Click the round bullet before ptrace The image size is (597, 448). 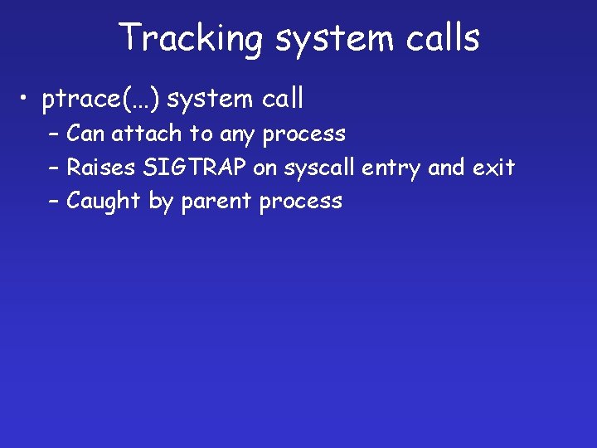28,100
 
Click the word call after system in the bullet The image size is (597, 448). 283,99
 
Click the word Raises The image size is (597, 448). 102,168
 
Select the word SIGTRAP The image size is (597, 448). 195,168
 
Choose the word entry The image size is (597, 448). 392,168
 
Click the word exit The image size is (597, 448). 493,168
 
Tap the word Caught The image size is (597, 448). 104,202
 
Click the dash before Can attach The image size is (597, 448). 54,134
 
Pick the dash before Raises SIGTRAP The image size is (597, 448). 54,168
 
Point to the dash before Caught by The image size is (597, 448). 54,202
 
